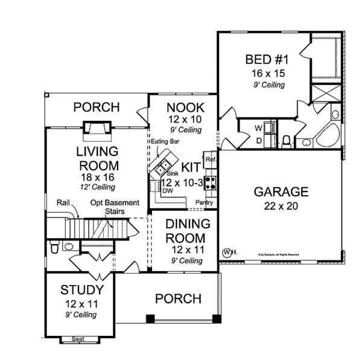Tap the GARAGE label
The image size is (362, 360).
click(x=281, y=192)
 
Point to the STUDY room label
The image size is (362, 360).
click(x=80, y=289)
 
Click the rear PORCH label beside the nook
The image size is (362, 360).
click(x=97, y=108)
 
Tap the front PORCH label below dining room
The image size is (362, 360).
click(x=178, y=298)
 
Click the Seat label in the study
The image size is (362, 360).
click(x=78, y=339)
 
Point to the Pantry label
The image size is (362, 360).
click(x=204, y=203)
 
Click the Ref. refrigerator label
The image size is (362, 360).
click(x=211, y=159)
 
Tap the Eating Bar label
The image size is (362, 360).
click(x=163, y=141)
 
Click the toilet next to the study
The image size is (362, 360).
click(x=54, y=248)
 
